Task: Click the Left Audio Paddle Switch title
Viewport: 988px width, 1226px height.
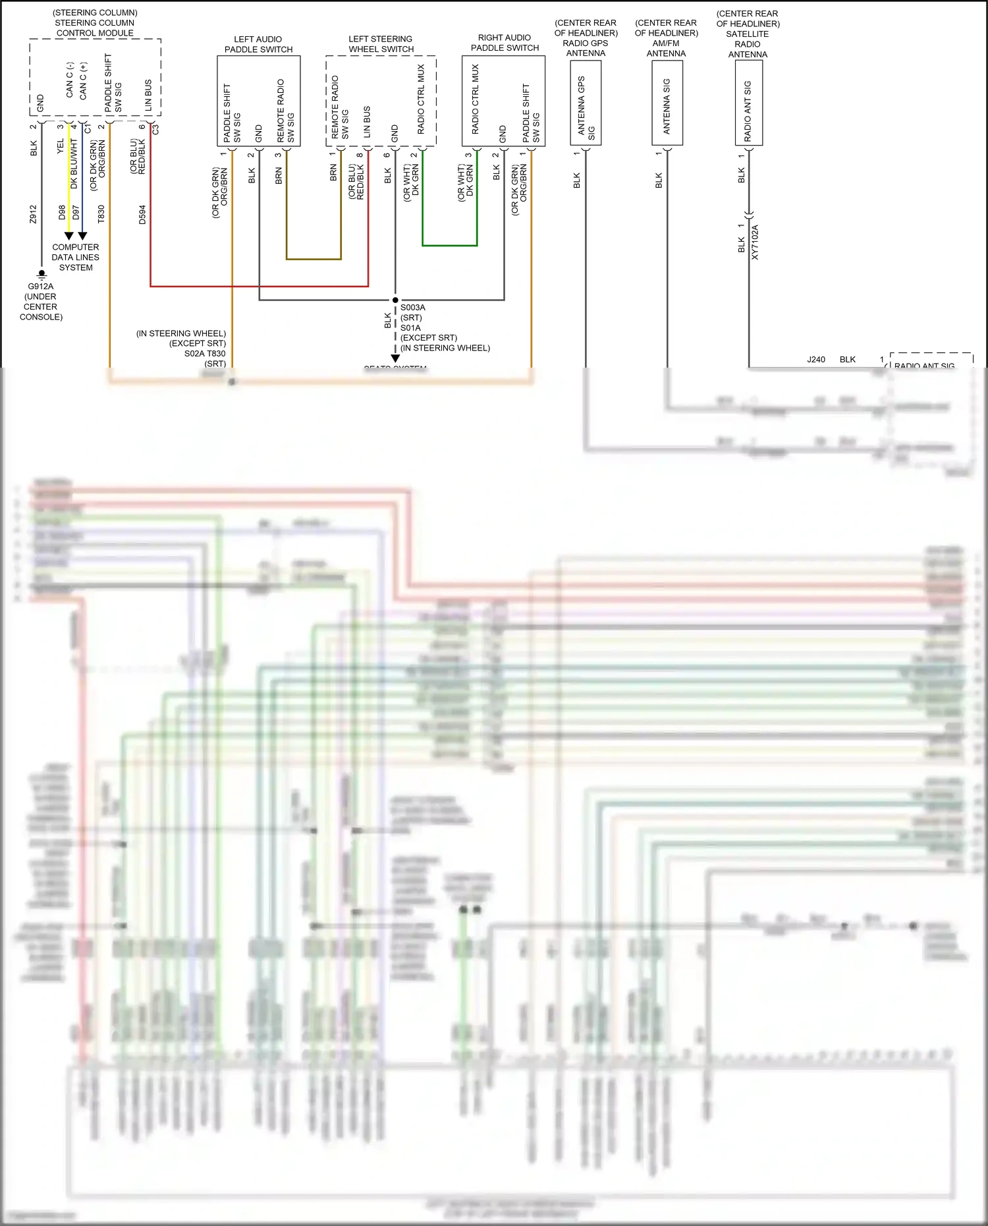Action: click(x=258, y=44)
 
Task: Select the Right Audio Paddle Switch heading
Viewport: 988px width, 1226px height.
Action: click(x=505, y=43)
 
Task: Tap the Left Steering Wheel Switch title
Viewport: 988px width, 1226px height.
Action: click(x=381, y=44)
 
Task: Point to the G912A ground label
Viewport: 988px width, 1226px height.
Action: click(x=41, y=287)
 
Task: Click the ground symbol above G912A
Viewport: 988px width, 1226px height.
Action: click(x=41, y=273)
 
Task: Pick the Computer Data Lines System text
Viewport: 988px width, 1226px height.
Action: click(x=76, y=258)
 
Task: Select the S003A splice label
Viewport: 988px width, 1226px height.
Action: click(x=413, y=308)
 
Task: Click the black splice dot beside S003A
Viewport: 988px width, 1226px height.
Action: click(x=395, y=300)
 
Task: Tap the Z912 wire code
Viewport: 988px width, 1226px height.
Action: click(x=34, y=214)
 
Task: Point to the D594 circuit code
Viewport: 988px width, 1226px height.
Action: click(x=142, y=215)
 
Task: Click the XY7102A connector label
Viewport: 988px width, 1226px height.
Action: click(x=755, y=242)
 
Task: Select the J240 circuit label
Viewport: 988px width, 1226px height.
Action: click(x=816, y=360)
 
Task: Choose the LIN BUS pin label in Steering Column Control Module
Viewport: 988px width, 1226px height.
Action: click(x=148, y=96)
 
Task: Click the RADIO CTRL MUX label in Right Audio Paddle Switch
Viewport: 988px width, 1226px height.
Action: click(x=476, y=99)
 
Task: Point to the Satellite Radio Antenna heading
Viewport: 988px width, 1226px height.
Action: click(x=748, y=34)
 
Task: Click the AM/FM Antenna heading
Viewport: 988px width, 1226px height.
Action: click(x=666, y=38)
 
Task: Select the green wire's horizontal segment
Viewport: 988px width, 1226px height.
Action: click(x=449, y=246)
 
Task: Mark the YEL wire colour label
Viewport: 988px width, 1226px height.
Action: click(x=61, y=146)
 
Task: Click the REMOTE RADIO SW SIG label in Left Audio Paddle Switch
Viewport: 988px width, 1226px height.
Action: click(x=285, y=111)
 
